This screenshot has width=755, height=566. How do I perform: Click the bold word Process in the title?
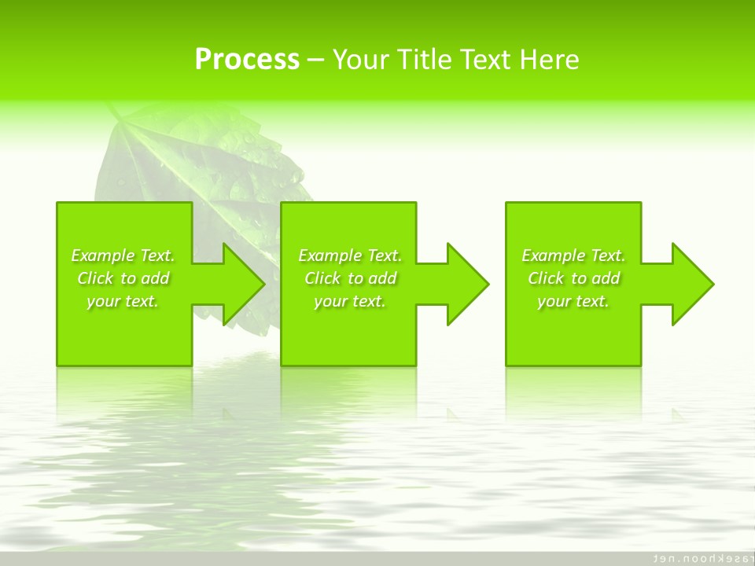tap(247, 60)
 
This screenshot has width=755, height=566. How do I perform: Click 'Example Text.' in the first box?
tap(123, 255)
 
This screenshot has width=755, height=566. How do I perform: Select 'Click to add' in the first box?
tap(123, 278)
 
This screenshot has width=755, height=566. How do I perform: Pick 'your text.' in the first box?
tap(123, 301)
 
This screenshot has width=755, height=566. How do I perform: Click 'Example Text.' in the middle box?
tap(349, 255)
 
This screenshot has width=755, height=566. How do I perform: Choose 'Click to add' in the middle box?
tap(350, 278)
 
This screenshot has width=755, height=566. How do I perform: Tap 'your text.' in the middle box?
tap(349, 301)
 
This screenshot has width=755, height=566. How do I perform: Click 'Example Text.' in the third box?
tap(573, 255)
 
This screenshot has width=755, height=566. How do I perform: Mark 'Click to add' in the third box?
tap(573, 278)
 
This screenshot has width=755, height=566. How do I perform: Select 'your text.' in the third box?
tap(573, 301)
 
